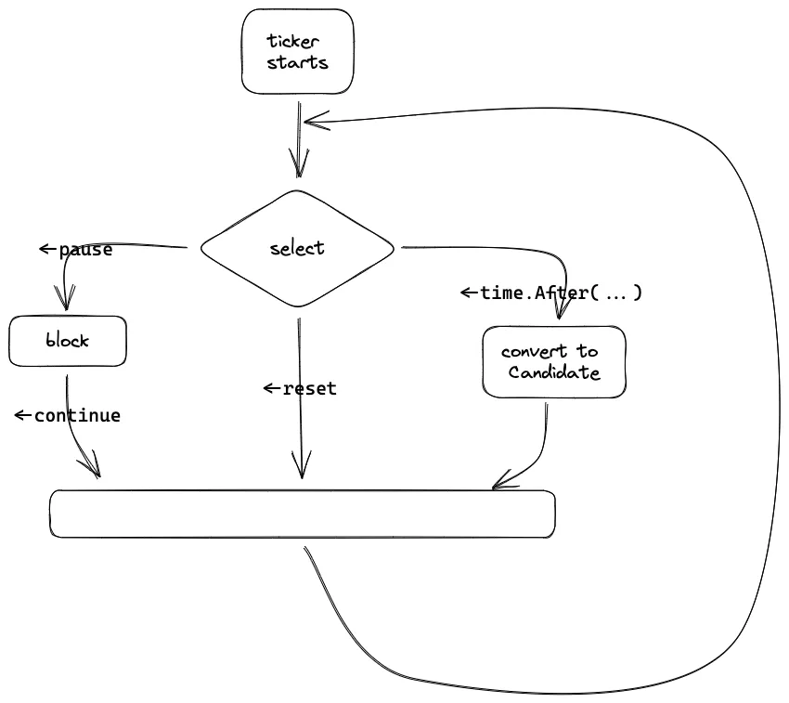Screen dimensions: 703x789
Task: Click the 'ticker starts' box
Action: click(x=297, y=52)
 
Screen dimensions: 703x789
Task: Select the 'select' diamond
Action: click(x=298, y=249)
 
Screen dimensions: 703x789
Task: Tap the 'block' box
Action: click(x=68, y=341)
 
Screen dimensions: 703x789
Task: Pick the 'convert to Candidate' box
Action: click(x=554, y=362)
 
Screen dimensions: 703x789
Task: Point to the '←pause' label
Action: click(x=76, y=250)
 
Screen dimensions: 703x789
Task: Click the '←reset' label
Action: click(x=300, y=388)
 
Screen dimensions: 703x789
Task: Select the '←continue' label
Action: click(x=68, y=415)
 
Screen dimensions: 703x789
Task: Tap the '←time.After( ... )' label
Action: click(x=551, y=293)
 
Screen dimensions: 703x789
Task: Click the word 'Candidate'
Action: click(x=554, y=373)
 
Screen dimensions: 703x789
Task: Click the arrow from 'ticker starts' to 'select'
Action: click(x=299, y=139)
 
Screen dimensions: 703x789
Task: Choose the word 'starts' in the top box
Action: click(x=297, y=63)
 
